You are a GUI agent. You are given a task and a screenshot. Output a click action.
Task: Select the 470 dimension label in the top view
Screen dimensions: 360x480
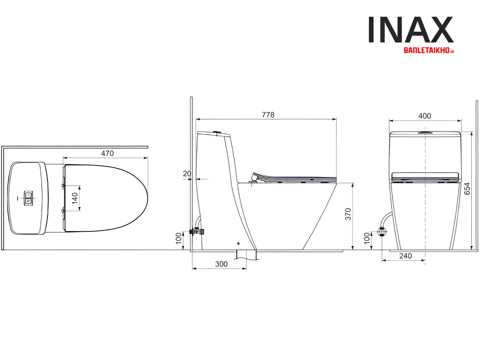pos(107,153)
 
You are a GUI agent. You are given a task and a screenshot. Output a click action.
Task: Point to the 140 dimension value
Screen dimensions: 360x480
pos(75,198)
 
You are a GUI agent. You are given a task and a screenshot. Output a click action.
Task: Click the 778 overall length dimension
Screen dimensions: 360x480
pos(268,115)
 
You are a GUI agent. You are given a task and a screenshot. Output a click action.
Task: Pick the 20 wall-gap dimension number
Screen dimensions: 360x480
pos(187,174)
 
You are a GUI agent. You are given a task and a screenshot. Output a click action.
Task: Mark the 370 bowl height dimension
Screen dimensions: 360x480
pos(348,214)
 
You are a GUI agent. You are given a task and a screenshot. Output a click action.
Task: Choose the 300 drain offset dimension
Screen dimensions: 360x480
pos(221,264)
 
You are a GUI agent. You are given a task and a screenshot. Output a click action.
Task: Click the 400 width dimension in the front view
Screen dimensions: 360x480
pos(424,116)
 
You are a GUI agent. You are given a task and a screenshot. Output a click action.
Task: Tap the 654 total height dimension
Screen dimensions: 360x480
pos(467,189)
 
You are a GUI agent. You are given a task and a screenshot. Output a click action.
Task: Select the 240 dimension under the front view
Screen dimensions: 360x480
pos(405,256)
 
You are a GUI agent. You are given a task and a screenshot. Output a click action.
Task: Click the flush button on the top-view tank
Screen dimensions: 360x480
pos(28,198)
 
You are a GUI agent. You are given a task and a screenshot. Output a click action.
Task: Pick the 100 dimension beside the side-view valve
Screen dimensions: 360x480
pos(179,238)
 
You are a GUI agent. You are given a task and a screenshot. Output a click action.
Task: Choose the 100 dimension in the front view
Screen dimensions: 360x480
pos(367,238)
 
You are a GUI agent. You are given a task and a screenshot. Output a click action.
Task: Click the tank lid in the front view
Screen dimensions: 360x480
pos(425,134)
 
